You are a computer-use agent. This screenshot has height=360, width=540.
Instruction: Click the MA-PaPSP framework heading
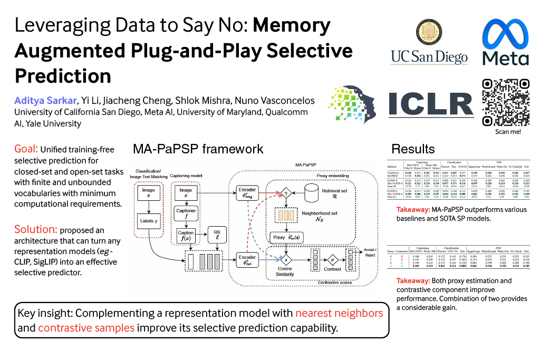pyautogui.click(x=198, y=149)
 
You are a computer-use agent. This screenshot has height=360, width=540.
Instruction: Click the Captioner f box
pyautogui.click(x=186, y=213)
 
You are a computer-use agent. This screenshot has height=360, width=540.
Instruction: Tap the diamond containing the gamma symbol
pyautogui.click(x=287, y=194)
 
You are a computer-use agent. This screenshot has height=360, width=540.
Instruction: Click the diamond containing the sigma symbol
pyautogui.click(x=332, y=260)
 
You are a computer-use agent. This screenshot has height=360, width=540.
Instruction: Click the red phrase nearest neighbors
pyautogui.click(x=339, y=313)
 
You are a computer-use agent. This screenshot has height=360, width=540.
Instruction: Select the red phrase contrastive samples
pyautogui.click(x=86, y=327)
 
